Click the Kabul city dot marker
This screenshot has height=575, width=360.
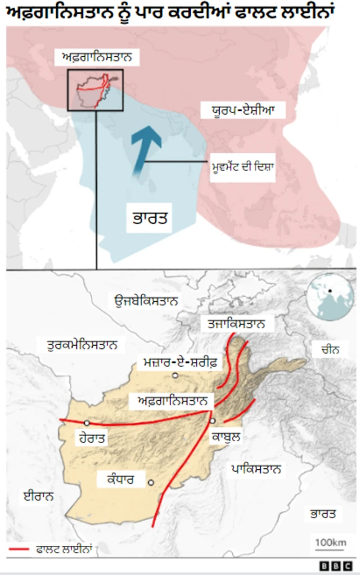click(x=213, y=420)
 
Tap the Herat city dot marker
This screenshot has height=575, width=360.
click(x=87, y=423)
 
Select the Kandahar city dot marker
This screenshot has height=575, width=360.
click(x=151, y=482)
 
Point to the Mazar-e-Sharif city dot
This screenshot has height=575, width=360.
click(x=175, y=375)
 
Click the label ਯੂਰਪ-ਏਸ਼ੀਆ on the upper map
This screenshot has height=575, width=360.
click(x=243, y=110)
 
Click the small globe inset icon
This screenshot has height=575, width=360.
click(x=325, y=297)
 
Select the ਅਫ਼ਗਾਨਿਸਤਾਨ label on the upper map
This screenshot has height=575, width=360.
click(x=96, y=57)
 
